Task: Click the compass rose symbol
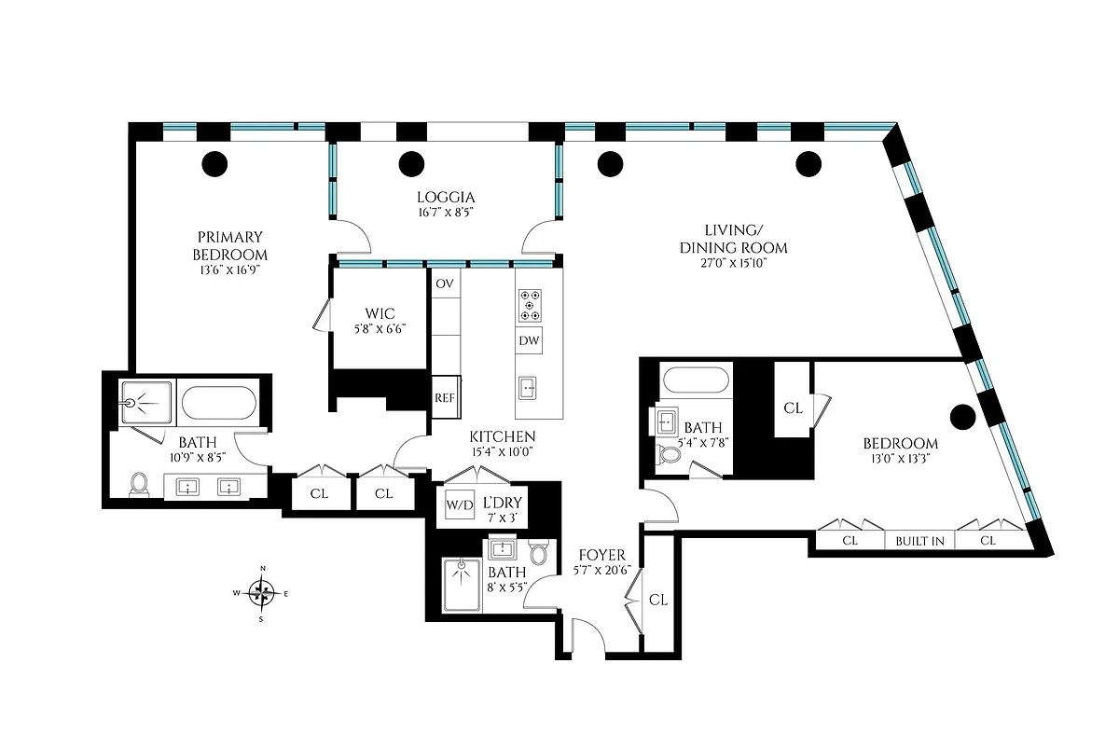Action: click(x=262, y=592)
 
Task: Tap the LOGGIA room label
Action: click(x=446, y=197)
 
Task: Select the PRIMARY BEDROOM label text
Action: click(x=229, y=245)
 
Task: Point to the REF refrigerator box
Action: click(x=445, y=397)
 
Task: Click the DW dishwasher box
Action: click(x=529, y=341)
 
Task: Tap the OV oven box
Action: click(x=445, y=283)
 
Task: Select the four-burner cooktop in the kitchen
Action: click(x=530, y=304)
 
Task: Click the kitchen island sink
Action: click(x=529, y=387)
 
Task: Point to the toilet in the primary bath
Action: click(x=140, y=483)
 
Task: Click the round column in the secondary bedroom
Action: click(x=961, y=415)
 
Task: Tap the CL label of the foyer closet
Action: click(x=658, y=601)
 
